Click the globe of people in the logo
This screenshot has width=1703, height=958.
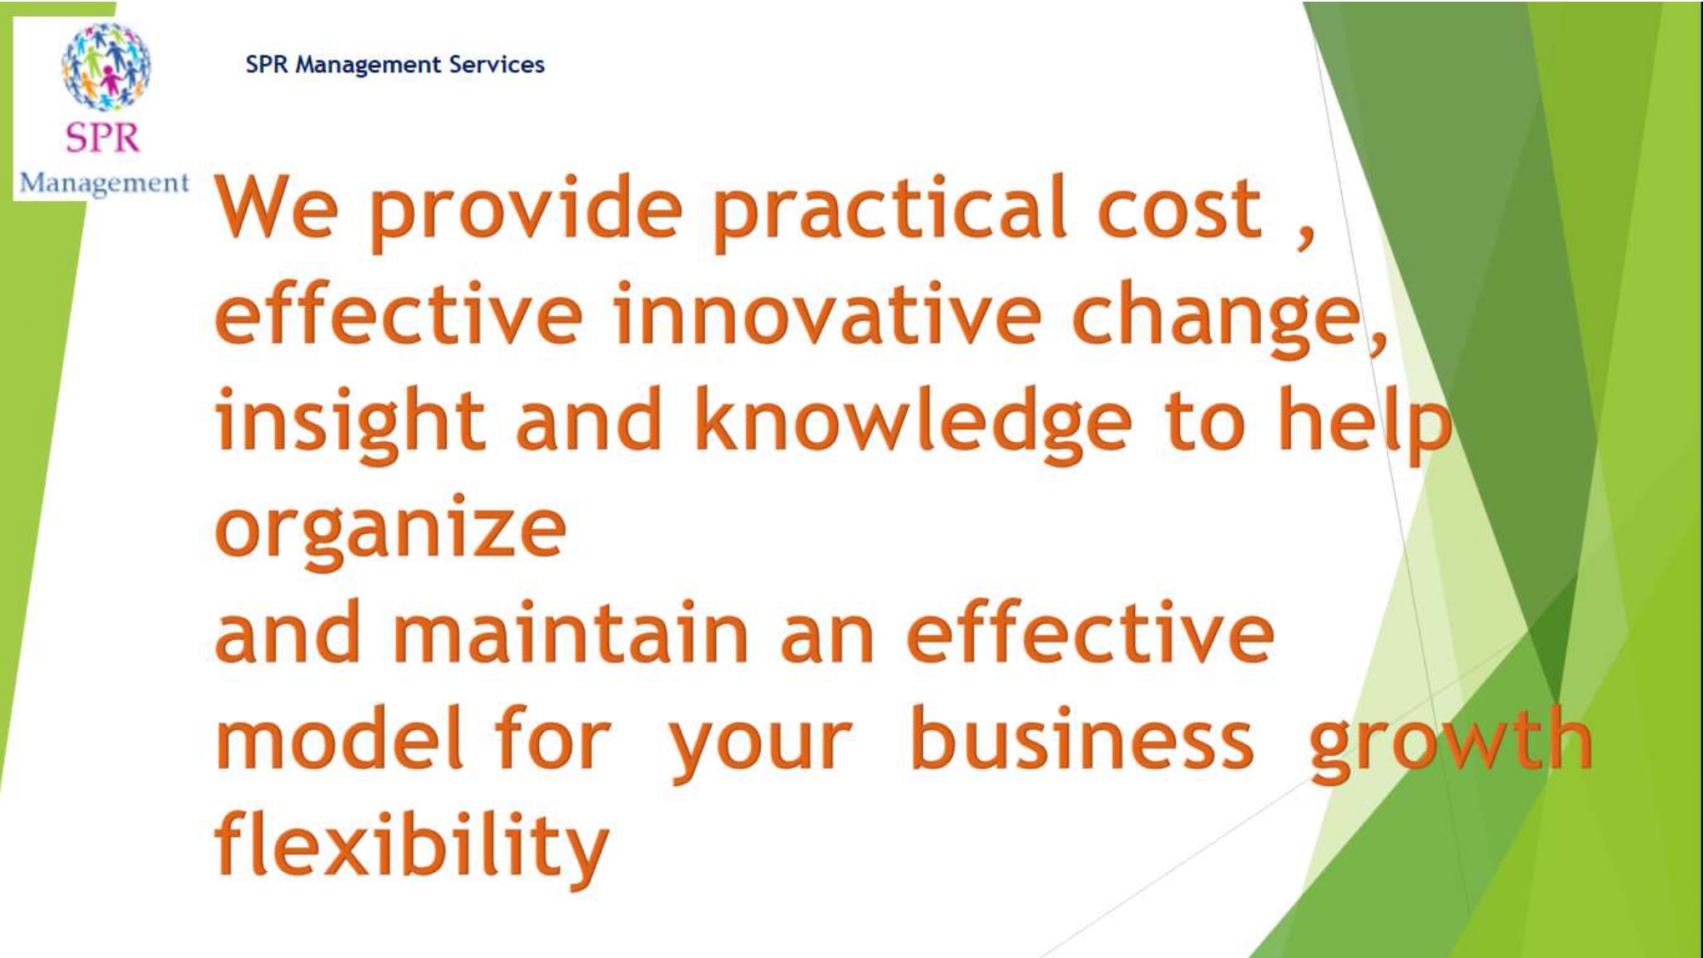pos(106,66)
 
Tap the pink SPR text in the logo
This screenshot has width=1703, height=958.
pos(103,138)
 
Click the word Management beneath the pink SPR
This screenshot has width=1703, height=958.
pos(104,183)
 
